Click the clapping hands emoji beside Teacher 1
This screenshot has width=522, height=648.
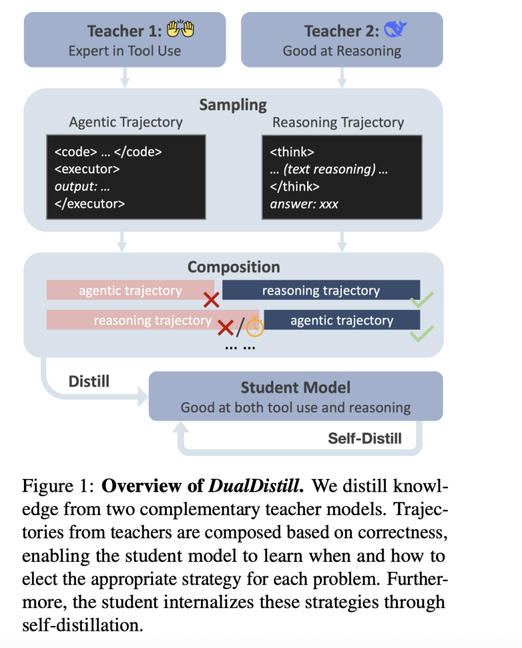[179, 30]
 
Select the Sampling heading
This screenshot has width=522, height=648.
[233, 104]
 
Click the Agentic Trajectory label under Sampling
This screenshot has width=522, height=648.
[126, 122]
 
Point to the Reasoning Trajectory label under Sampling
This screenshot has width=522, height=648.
[338, 122]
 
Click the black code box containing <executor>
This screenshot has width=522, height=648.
[126, 177]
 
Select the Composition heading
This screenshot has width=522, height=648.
[233, 267]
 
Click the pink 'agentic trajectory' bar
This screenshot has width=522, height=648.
[130, 290]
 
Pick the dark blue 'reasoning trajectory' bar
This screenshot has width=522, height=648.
[321, 290]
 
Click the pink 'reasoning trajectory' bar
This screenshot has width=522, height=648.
[152, 320]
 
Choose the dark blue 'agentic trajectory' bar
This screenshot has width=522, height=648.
[342, 321]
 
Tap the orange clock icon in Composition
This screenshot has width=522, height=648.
[255, 327]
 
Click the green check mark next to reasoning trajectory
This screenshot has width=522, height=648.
[422, 301]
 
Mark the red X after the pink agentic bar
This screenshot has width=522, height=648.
[211, 300]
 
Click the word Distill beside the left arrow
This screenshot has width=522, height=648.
[88, 381]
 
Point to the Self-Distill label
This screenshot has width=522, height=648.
[365, 438]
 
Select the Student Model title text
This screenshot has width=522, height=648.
[295, 387]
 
